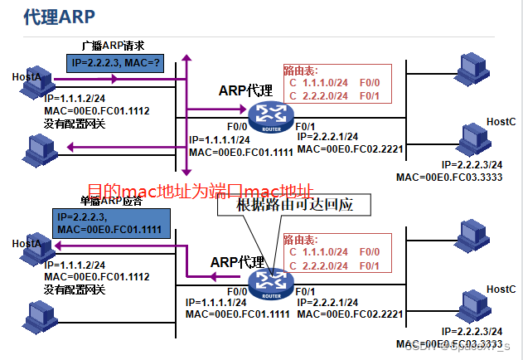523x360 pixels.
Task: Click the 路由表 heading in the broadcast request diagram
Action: pos(301,71)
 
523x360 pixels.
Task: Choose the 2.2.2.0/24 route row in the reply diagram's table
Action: pos(333,265)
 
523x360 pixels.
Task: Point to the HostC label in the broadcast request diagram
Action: pos(501,122)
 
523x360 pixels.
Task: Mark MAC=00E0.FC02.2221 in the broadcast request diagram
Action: pos(350,148)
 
